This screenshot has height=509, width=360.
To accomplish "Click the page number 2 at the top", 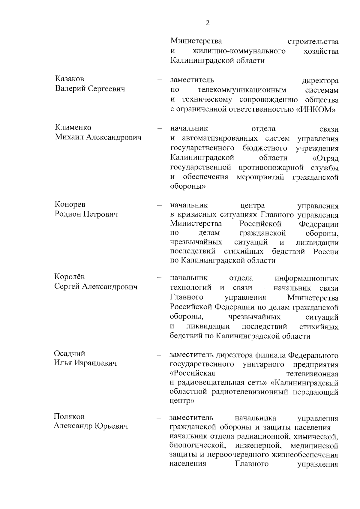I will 207,23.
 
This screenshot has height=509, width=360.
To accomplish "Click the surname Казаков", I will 69,79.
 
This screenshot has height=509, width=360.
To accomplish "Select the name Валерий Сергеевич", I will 90,88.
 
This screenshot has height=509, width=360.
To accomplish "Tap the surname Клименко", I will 73,127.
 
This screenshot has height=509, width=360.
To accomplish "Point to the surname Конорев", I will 70,204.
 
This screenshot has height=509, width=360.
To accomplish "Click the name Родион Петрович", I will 86,214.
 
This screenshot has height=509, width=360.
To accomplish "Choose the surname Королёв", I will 70,277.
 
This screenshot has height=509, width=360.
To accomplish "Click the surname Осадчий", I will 70,353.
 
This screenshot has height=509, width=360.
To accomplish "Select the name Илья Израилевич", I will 85,363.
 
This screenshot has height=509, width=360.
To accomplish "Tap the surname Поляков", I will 69,416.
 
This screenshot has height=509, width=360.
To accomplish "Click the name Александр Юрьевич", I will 91,426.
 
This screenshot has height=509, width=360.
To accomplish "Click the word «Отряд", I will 325,158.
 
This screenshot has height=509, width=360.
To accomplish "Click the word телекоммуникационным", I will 242,90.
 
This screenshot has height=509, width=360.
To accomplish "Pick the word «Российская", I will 192,374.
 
